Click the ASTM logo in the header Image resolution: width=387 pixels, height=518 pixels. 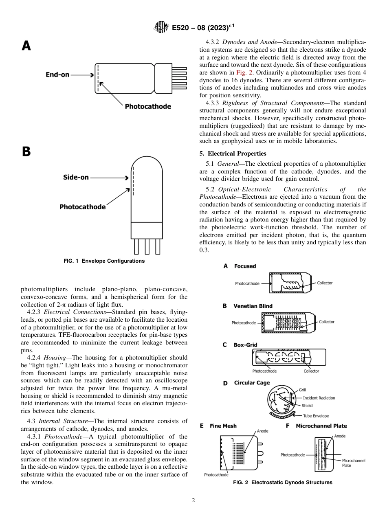[x=162, y=28]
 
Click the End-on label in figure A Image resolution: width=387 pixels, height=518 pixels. [x=57, y=75]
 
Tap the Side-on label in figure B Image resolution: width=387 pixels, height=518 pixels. [x=76, y=178]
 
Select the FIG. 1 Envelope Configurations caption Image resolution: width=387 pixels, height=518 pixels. [x=104, y=261]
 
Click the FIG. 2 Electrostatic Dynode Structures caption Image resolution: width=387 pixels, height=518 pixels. [x=282, y=483]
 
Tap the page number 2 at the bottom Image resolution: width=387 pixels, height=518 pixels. [x=193, y=500]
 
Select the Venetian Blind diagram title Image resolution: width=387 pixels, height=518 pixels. [x=253, y=306]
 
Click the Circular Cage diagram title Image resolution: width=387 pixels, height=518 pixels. [x=252, y=383]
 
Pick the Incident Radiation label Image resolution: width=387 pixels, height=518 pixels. [x=319, y=398]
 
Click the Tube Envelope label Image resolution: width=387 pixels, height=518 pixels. [x=315, y=416]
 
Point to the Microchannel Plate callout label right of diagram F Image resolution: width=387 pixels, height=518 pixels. [x=353, y=463]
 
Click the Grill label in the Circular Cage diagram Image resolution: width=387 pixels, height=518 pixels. [x=302, y=390]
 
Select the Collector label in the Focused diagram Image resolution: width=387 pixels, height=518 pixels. [x=325, y=283]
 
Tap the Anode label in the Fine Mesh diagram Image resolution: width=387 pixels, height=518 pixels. [x=262, y=431]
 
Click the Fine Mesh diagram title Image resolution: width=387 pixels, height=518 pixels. [x=223, y=426]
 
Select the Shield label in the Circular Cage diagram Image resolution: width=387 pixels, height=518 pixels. [x=307, y=406]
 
